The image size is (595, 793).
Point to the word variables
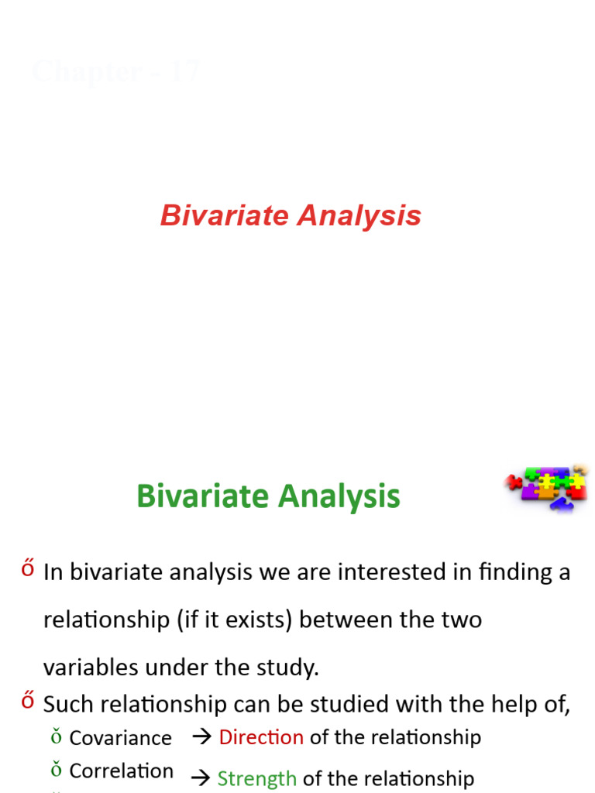pyautogui.click(x=91, y=668)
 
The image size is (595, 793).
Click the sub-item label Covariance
pyautogui.click(x=120, y=738)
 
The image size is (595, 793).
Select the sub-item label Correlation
pyautogui.click(x=121, y=771)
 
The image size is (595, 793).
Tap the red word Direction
pyautogui.click(x=261, y=737)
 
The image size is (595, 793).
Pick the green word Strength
pyautogui.click(x=256, y=778)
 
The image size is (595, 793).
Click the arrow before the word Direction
pyautogui.click(x=201, y=737)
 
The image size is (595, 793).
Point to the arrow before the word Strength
pyautogui.click(x=201, y=778)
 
